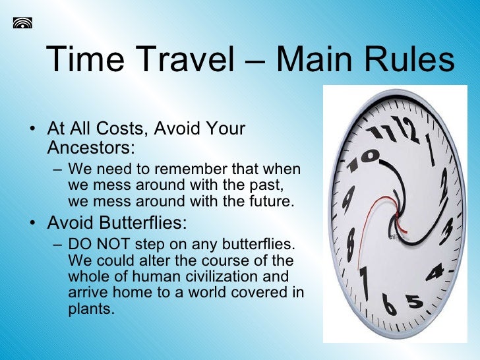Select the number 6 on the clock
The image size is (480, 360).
click(x=388, y=304)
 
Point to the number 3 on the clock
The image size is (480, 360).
click(x=446, y=233)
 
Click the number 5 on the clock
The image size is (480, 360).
click(x=414, y=301)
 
